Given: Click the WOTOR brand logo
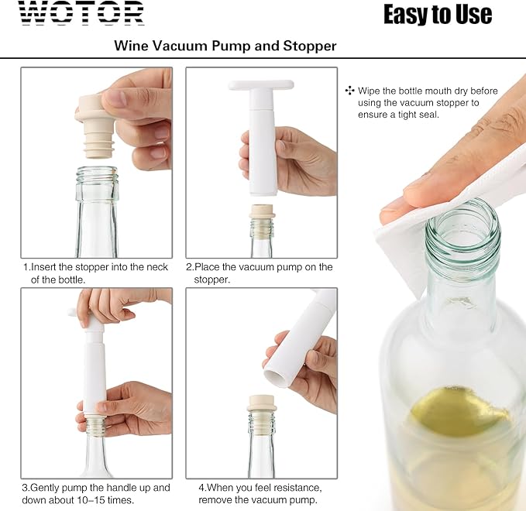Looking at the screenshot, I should coord(81,13).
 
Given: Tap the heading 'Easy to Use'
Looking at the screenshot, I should coord(437,14).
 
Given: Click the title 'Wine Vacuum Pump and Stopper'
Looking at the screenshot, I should coord(225,46).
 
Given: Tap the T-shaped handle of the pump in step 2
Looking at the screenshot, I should coord(261,85).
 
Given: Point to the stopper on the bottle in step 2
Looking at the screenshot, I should coord(261,213).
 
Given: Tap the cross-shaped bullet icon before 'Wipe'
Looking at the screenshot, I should coord(349,91).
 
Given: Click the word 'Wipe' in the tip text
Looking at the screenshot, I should coord(370,91).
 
